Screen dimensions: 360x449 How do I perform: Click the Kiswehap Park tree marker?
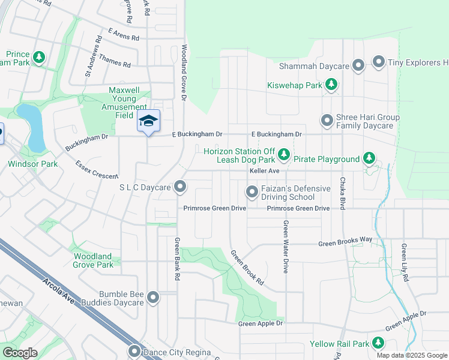[331, 86]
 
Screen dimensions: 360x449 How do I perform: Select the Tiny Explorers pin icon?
[379, 62]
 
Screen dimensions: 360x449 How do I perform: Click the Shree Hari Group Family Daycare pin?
[327, 121]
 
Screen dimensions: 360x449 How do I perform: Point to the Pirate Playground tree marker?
[370, 158]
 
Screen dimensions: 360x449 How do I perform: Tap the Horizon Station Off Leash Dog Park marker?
[284, 155]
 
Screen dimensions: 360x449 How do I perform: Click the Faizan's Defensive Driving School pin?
[252, 192]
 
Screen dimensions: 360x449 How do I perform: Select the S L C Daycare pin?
[181, 187]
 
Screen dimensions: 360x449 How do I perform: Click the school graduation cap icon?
[148, 121]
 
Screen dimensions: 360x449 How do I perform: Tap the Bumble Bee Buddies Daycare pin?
[153, 298]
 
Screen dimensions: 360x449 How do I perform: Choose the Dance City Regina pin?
[134, 351]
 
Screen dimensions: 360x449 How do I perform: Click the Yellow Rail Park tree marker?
[378, 343]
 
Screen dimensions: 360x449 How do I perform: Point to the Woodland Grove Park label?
[93, 260]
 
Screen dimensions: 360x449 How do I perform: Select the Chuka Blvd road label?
[342, 193]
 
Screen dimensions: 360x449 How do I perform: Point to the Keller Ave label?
[265, 171]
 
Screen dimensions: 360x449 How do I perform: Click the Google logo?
[20, 353]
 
